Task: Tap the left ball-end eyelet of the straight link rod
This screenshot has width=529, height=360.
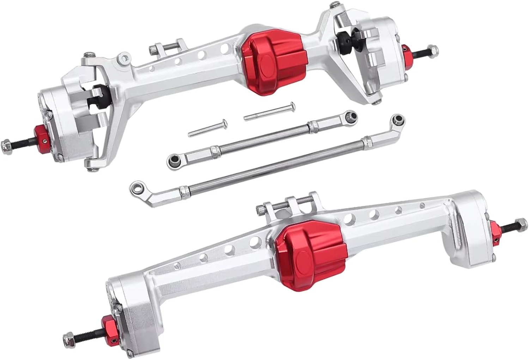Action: pyautogui.click(x=172, y=161)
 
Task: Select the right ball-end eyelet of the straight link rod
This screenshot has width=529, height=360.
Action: pyautogui.click(x=349, y=115)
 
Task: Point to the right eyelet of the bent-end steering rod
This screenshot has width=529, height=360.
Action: pyautogui.click(x=397, y=118)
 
